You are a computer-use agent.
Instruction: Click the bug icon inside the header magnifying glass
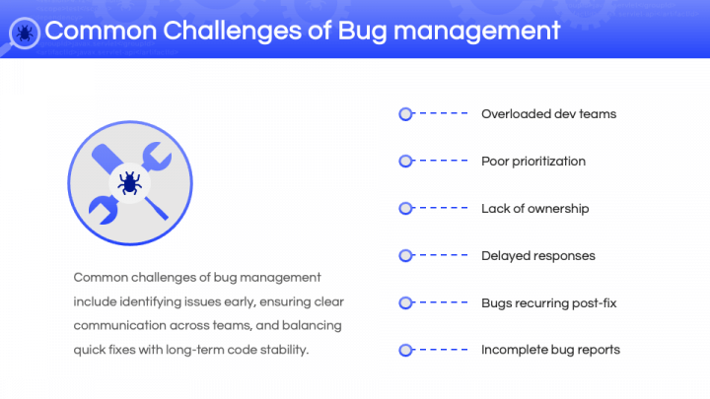tap(25, 33)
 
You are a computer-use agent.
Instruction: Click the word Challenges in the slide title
tap(232, 31)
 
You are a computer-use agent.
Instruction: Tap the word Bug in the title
tap(362, 33)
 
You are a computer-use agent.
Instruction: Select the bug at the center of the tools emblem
tap(130, 183)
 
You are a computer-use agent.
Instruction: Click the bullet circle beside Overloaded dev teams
tap(405, 114)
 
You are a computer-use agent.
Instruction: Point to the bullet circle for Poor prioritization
tap(405, 161)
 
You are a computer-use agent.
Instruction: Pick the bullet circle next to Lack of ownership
tap(405, 208)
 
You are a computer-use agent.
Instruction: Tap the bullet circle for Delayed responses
tap(405, 255)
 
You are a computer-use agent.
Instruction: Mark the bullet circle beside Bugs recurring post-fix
tap(405, 302)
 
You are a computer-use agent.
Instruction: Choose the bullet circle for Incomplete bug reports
tap(405, 350)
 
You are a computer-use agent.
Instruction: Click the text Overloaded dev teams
tap(549, 114)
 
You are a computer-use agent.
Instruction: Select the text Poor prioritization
tap(533, 162)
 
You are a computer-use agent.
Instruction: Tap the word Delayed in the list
tap(504, 256)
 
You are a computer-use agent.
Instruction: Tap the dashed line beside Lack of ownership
tap(444, 208)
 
